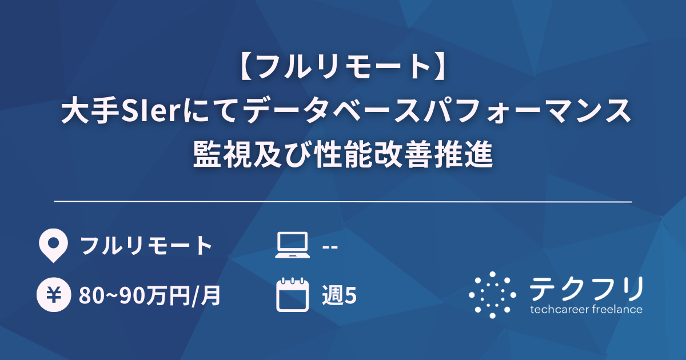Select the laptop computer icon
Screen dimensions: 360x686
[292, 246]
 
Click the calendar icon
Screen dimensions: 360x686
[292, 295]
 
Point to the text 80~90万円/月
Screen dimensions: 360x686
[150, 296]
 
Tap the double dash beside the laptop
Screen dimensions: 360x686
[330, 246]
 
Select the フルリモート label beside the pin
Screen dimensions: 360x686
[146, 246]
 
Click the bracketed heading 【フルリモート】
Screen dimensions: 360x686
[343, 67]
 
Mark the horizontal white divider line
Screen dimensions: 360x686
[343, 202]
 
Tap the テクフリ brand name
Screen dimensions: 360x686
[586, 289]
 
